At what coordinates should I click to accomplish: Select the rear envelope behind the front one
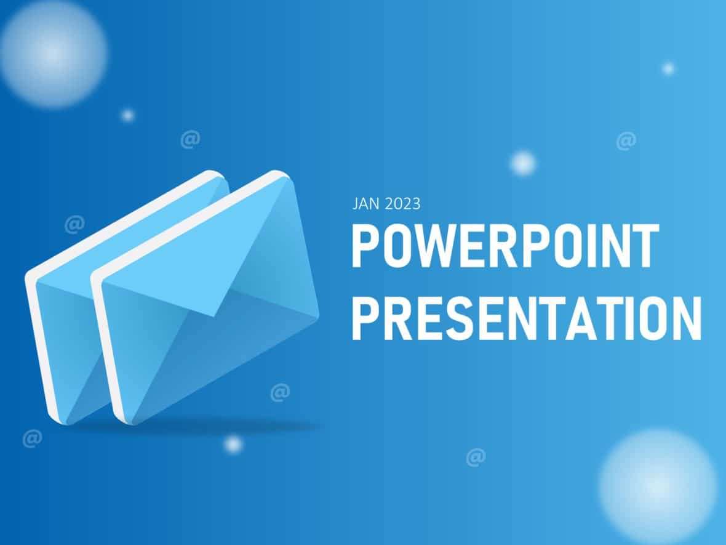(x=68, y=320)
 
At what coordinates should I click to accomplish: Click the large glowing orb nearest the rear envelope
(x=54, y=54)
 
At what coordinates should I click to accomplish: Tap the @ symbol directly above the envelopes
(x=190, y=140)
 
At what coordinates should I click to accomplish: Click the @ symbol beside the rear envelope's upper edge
(x=74, y=224)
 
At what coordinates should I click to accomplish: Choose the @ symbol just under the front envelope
(x=280, y=392)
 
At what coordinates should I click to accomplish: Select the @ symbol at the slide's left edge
(x=32, y=438)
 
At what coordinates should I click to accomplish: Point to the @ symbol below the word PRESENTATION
(x=476, y=457)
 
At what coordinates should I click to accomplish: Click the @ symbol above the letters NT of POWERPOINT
(x=626, y=141)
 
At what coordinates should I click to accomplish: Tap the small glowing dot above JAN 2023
(x=523, y=163)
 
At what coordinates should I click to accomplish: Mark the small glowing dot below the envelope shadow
(x=233, y=444)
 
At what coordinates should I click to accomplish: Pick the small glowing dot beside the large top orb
(x=127, y=115)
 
